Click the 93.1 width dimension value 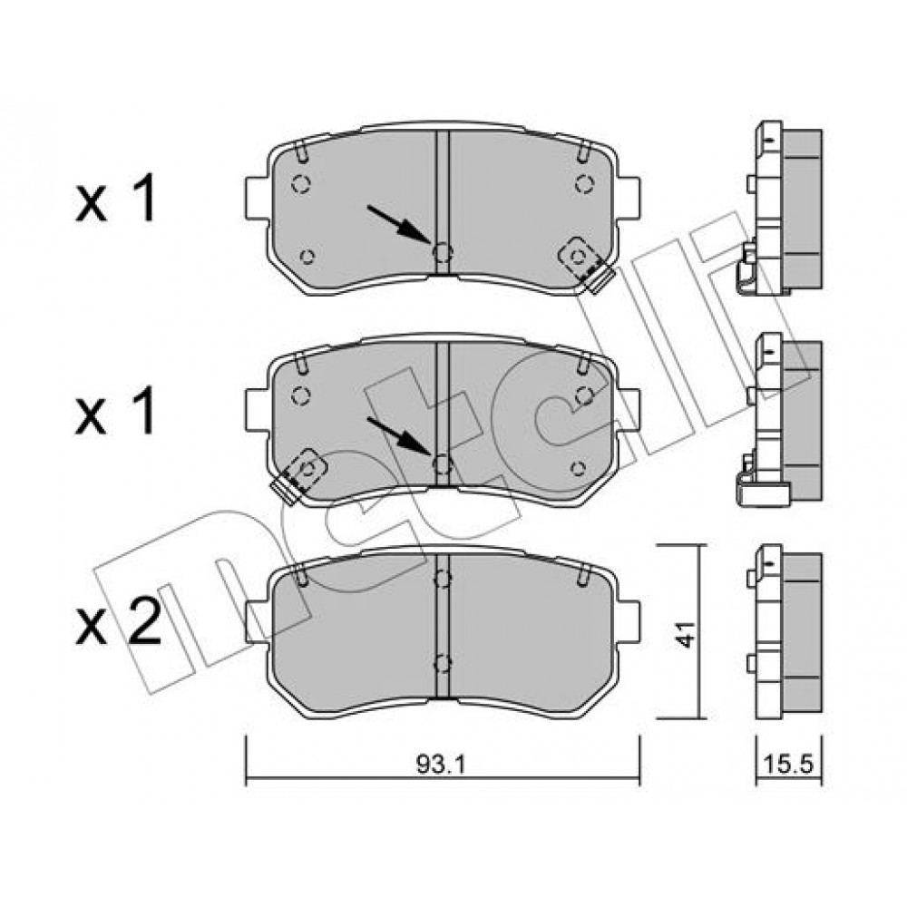[441, 765]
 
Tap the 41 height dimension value [686, 634]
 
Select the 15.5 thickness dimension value [789, 764]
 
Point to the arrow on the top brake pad [399, 224]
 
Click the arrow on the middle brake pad [399, 435]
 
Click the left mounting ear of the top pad [257, 199]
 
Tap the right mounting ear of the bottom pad [629, 621]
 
